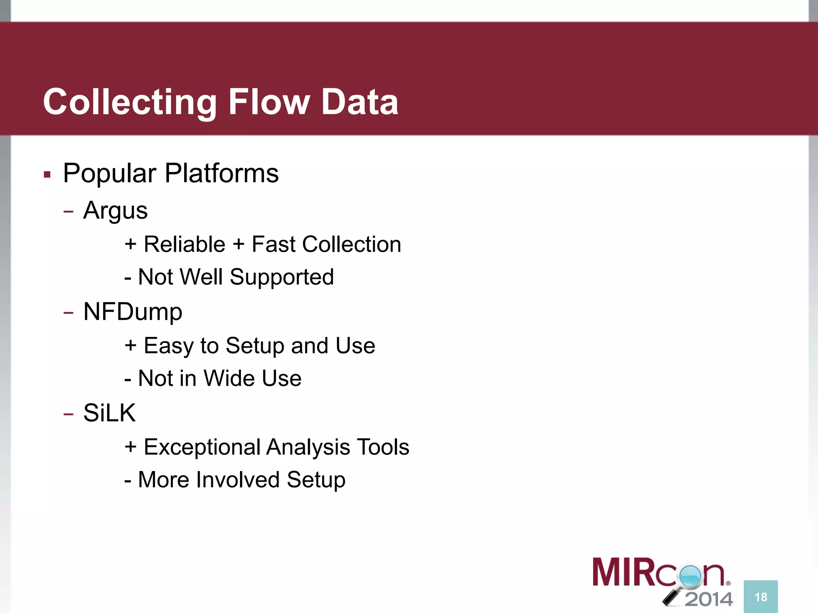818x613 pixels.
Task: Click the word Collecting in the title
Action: [x=130, y=102]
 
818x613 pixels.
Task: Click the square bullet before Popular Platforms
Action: [x=47, y=174]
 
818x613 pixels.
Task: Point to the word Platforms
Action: [x=221, y=174]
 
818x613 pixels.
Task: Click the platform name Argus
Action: [x=115, y=211]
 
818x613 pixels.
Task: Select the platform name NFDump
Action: [x=133, y=312]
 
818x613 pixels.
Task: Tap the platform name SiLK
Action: [x=109, y=413]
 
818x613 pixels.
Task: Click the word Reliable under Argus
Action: [x=184, y=244]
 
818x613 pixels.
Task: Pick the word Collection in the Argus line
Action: [x=351, y=244]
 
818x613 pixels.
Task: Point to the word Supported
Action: [x=282, y=277]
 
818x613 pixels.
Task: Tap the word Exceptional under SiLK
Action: [x=202, y=447]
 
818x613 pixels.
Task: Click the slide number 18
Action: [x=760, y=597]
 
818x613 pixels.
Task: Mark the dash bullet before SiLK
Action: [x=68, y=414]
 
